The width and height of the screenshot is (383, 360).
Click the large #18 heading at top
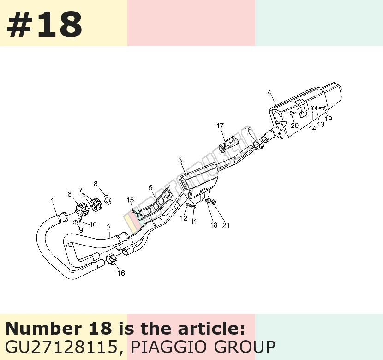click(44, 24)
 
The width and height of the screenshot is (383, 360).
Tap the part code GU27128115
click(61, 347)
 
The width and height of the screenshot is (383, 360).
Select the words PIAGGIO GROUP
click(203, 347)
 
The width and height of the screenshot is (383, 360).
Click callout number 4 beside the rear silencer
click(269, 92)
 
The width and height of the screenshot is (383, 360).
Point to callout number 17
click(220, 126)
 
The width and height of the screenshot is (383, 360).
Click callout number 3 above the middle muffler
click(180, 160)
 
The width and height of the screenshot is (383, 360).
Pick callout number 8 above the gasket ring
click(96, 183)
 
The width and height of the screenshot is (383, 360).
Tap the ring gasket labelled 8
click(108, 199)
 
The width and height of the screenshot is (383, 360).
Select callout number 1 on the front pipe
click(52, 200)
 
